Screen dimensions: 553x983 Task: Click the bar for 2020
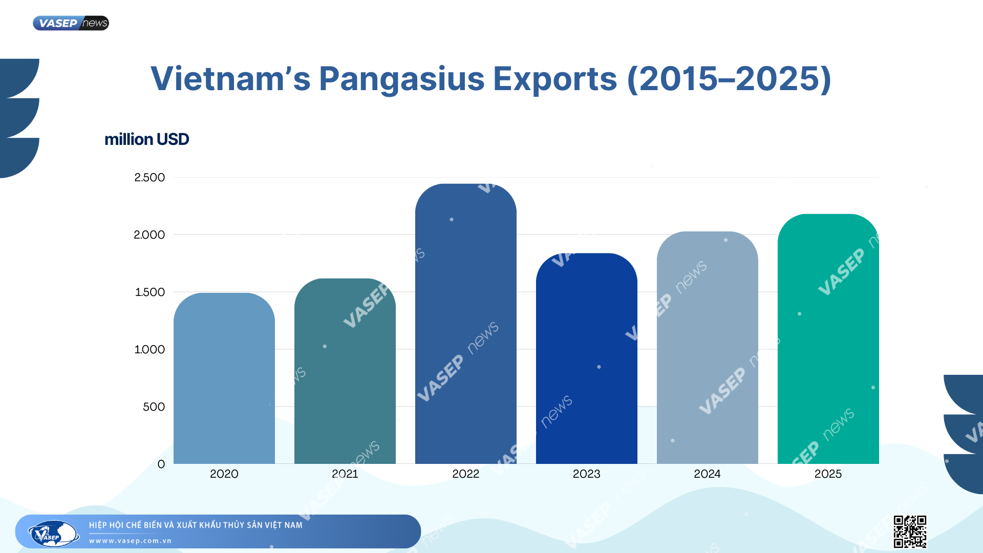pos(224,379)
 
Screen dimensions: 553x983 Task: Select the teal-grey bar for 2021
pos(345,371)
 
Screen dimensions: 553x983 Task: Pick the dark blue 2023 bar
pos(586,358)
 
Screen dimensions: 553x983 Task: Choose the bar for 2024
pos(707,348)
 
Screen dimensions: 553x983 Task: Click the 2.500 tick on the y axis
pos(149,178)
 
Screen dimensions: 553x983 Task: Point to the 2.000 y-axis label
pos(149,235)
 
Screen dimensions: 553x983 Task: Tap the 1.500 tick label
pos(149,292)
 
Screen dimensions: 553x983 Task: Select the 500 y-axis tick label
pos(154,407)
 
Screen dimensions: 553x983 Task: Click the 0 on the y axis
pos(161,464)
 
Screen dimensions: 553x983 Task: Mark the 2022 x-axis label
pos(465,474)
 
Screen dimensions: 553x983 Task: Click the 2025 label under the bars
pos(828,474)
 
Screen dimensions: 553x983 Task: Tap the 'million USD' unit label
pos(147,139)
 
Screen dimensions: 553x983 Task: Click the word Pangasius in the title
pos(401,79)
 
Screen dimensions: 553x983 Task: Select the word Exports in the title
pos(555,79)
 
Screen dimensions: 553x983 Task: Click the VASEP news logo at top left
pos(71,23)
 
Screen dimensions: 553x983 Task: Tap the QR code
pos(910,531)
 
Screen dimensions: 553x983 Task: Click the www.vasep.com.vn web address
pos(130,541)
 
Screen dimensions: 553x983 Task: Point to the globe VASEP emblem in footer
pos(53,534)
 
